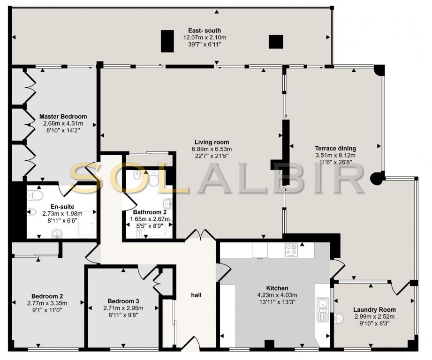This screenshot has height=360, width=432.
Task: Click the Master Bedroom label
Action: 63,116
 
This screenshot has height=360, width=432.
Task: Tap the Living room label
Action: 212,142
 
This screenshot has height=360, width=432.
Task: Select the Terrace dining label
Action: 335,149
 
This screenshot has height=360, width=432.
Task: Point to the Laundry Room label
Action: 374,310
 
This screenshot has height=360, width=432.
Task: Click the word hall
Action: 196,295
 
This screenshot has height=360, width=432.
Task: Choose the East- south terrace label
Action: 205,30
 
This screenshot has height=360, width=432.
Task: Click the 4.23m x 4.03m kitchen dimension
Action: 277,295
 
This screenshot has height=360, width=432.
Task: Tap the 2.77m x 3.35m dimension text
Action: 47,303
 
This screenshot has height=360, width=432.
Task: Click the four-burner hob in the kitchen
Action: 291,250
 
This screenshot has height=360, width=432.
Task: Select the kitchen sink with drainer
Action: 321,309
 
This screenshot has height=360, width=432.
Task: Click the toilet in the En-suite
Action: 36,195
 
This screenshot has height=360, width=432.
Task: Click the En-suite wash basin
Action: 57,234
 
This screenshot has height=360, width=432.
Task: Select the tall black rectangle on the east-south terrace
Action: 167,41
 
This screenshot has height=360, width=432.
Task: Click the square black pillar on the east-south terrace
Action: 276,42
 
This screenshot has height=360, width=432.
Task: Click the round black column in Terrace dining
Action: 377,178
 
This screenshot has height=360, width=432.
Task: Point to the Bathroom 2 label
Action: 150,212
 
